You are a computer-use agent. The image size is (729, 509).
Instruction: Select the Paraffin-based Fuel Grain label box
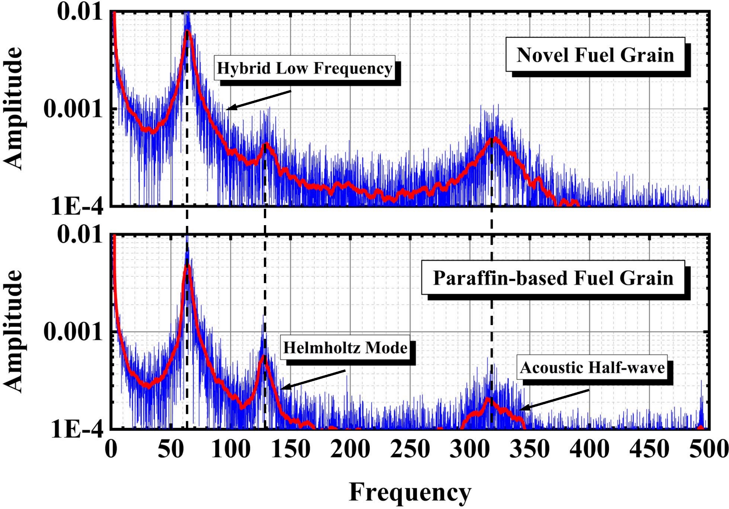pyautogui.click(x=553, y=278)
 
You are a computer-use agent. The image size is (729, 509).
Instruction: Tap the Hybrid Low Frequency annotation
pyautogui.click(x=304, y=68)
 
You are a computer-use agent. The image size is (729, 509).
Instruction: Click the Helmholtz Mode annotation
pyautogui.click(x=345, y=348)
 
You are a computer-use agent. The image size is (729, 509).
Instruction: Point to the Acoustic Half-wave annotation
pyautogui.click(x=592, y=367)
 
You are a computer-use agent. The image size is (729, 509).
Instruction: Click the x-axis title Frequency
pyautogui.click(x=410, y=492)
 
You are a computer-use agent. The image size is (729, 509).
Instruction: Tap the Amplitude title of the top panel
pyautogui.click(x=13, y=108)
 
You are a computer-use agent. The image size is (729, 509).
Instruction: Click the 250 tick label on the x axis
pyautogui.click(x=410, y=449)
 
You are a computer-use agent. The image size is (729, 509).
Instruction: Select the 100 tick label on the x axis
pyautogui.click(x=231, y=449)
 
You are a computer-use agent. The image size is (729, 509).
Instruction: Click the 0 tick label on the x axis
pyautogui.click(x=111, y=449)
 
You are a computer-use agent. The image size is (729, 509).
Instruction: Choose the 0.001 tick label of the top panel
pyautogui.click(x=73, y=108)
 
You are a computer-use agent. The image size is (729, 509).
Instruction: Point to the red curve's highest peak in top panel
pyautogui.click(x=187, y=32)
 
